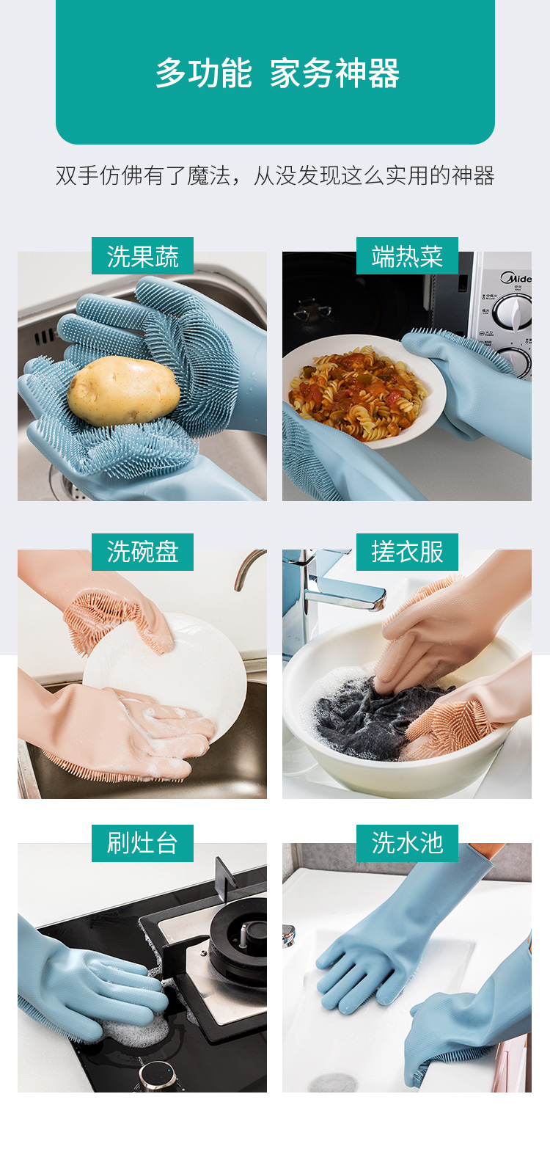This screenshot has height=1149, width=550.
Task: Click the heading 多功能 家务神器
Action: tap(277, 73)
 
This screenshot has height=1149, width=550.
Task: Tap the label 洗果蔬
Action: tap(142, 256)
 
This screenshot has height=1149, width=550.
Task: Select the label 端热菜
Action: tap(407, 256)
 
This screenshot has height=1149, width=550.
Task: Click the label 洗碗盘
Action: tap(142, 552)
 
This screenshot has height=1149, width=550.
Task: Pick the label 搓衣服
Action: tap(407, 552)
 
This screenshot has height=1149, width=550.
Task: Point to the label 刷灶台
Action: tap(142, 843)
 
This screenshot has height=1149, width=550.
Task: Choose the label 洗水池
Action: tap(407, 843)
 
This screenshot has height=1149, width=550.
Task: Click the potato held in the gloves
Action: tap(123, 391)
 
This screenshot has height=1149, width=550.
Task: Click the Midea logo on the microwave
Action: tap(516, 278)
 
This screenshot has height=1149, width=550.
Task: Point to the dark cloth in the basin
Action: tap(374, 715)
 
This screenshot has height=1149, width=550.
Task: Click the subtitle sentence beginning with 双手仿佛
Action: tap(275, 175)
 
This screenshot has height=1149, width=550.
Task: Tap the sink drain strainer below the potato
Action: tap(69, 486)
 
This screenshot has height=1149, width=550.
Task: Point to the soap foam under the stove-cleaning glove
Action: tap(134, 1029)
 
